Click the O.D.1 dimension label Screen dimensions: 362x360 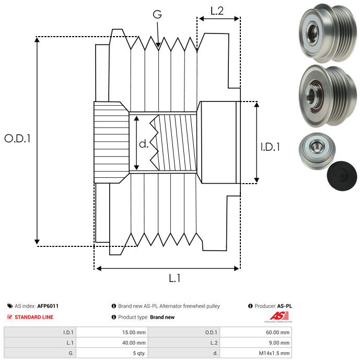(18, 139)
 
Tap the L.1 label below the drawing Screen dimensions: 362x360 (175, 278)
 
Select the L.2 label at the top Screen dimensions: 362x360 (217, 11)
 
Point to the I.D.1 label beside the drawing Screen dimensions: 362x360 (270, 148)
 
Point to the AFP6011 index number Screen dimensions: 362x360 (48, 306)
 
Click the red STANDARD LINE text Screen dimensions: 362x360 (33, 317)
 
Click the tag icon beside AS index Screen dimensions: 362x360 (10, 306)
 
